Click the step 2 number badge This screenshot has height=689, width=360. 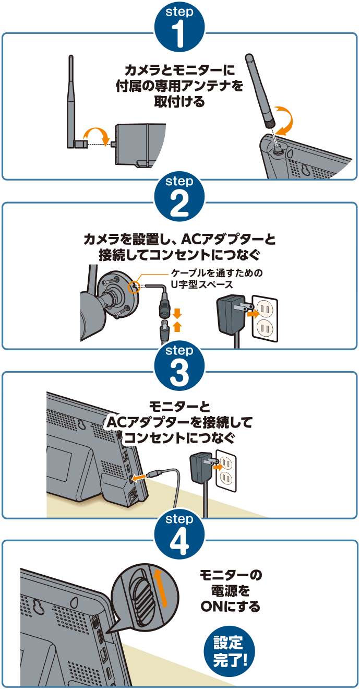click(x=179, y=196)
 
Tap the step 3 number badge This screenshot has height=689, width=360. click(x=179, y=365)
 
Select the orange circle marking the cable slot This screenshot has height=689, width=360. click(x=134, y=285)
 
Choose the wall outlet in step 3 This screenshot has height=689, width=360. click(x=226, y=470)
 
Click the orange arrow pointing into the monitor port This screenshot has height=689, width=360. click(x=138, y=477)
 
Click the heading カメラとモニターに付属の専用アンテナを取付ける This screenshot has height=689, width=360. click(x=179, y=85)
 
